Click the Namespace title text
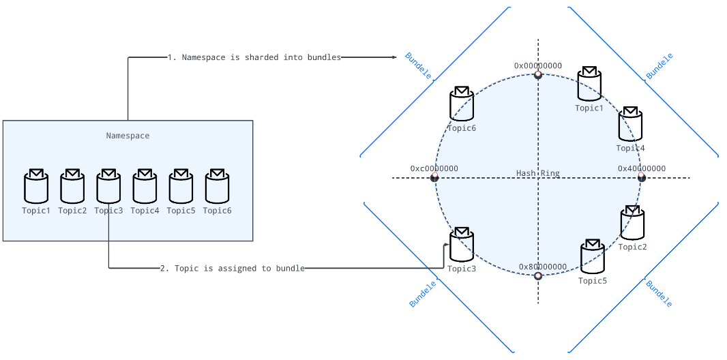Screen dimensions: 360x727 click(128, 136)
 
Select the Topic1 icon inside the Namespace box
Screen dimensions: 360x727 click(36, 186)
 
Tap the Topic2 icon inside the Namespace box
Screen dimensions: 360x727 click(72, 186)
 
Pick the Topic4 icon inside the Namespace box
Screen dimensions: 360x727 click(145, 186)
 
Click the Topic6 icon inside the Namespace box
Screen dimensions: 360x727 click(217, 186)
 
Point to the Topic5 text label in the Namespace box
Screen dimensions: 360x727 click(181, 211)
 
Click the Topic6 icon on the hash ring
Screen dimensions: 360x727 click(462, 104)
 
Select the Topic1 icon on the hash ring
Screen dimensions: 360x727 click(589, 84)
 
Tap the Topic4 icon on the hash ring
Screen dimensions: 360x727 click(630, 124)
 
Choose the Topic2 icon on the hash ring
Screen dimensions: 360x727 click(632, 222)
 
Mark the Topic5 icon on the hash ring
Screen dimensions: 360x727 click(592, 256)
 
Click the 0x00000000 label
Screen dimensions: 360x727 click(538, 66)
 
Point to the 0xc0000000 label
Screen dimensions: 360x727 click(434, 168)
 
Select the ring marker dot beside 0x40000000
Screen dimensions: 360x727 click(642, 178)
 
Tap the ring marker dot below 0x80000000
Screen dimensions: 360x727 click(538, 276)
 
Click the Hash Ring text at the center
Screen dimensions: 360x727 click(538, 173)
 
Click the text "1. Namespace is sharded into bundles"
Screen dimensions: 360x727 click(254, 57)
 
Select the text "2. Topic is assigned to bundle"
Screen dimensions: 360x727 click(233, 269)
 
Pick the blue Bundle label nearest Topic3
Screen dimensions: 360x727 click(422, 293)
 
